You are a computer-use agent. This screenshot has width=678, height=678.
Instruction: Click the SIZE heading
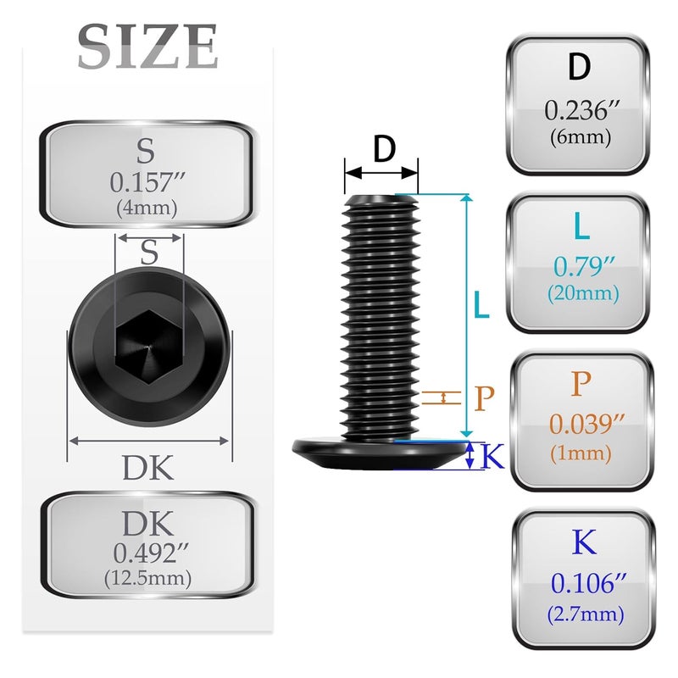[147, 47]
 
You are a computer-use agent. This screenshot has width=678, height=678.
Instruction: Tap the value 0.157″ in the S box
[147, 182]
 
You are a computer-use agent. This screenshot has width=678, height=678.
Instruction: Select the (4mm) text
[147, 208]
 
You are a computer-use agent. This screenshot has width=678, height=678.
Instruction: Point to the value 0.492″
[152, 553]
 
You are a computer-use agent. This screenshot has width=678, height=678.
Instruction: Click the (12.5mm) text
[147, 578]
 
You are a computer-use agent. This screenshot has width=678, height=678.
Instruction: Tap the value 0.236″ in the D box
[582, 111]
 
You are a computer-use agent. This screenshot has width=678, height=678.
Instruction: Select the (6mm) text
[581, 137]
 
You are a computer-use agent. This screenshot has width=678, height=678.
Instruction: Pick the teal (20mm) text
[583, 293]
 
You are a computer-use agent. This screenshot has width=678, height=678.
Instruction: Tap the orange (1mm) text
[581, 453]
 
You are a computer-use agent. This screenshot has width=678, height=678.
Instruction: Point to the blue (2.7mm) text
[586, 614]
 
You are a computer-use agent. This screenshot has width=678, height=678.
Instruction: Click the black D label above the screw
[385, 148]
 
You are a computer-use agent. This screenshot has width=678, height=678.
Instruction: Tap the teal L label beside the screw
[481, 304]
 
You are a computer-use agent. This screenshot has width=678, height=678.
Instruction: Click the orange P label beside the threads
[484, 397]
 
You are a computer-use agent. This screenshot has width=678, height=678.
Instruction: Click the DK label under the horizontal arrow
[147, 468]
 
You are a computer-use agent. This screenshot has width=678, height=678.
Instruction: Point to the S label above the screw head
[149, 253]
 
